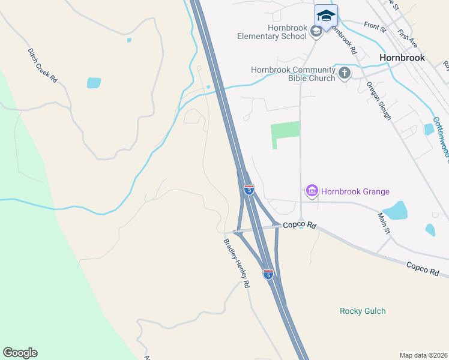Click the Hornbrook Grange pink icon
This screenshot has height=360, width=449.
tap(312, 191)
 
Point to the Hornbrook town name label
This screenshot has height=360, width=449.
tap(402, 58)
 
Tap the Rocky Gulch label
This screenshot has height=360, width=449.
tap(363, 311)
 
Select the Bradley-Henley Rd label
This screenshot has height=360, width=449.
tap(237, 263)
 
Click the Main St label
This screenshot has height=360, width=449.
tap(384, 223)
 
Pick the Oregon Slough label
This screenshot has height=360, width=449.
tap(379, 101)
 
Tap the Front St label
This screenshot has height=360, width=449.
tap(375, 26)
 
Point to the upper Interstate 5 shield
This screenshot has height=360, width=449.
tap(249, 190)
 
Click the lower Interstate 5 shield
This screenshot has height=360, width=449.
tap(268, 274)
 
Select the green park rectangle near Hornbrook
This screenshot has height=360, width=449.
tap(285, 131)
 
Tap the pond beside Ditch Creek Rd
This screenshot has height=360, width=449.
tap(94, 83)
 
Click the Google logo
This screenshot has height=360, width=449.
tap(20, 353)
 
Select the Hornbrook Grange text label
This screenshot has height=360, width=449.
tap(355, 192)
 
